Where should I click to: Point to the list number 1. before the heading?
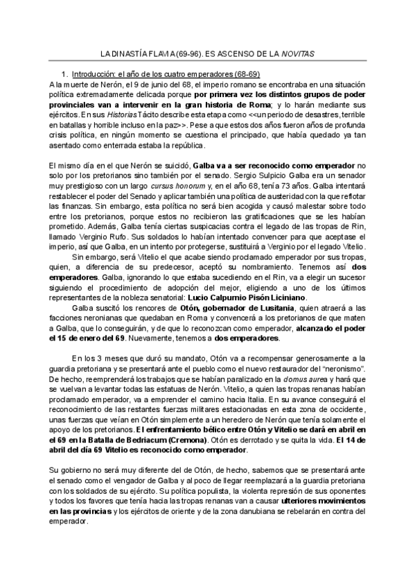[x=65, y=73]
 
